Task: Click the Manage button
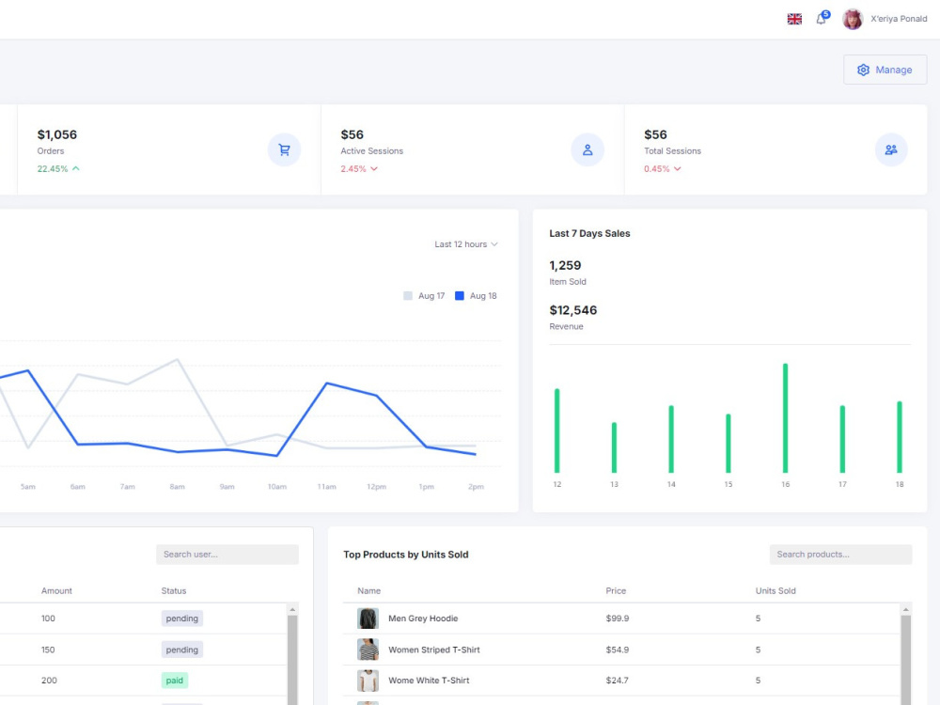click(885, 70)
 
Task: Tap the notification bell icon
click(822, 19)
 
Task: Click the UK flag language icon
click(794, 19)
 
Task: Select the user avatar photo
click(852, 19)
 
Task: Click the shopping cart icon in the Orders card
click(284, 149)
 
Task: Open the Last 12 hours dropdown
click(466, 244)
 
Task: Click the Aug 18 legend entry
click(476, 295)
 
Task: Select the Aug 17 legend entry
click(425, 295)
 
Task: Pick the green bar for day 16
click(785, 418)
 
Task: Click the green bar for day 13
click(614, 447)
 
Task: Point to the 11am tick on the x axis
click(327, 487)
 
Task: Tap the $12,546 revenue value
click(573, 310)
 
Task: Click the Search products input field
click(840, 555)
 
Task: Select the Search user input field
click(227, 555)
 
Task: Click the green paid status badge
click(175, 681)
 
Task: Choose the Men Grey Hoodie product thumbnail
click(368, 619)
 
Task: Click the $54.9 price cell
click(618, 650)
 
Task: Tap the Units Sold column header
click(775, 591)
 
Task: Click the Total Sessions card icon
click(891, 149)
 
